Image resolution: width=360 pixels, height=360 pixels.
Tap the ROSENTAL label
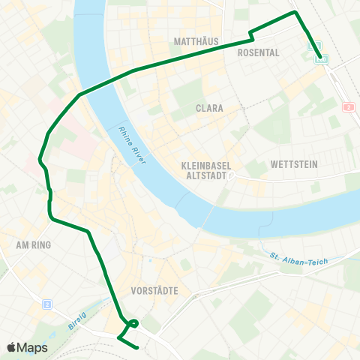click(258, 53)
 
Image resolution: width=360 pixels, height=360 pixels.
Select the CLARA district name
click(209, 109)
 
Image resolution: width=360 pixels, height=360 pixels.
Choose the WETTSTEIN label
click(294, 164)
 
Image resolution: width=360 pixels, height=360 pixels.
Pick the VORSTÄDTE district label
click(153, 290)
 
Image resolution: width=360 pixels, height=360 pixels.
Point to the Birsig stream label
click(78, 309)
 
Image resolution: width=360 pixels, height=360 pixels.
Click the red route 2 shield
click(348, 107)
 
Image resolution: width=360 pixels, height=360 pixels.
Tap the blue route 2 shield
click(46, 304)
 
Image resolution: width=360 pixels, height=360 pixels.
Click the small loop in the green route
click(133, 324)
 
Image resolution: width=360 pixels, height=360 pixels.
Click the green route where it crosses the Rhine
click(105, 81)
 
